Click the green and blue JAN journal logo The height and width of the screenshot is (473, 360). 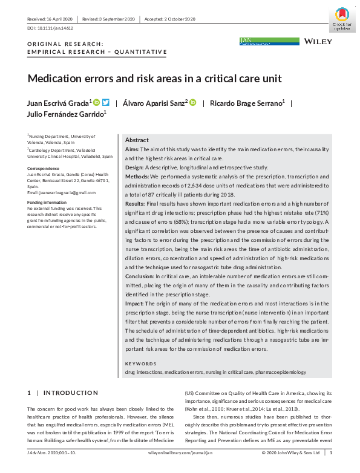coord(269,41)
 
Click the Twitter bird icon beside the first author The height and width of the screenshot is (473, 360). coord(106,102)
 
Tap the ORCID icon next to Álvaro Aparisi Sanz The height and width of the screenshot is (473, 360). coord(193,103)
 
